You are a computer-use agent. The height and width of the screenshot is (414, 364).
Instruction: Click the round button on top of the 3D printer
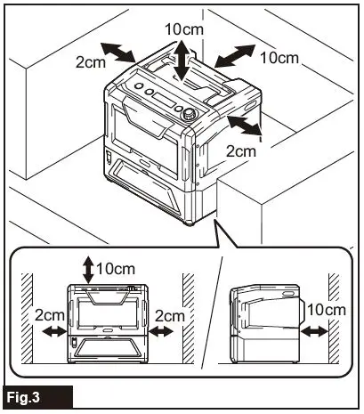coord(188,114)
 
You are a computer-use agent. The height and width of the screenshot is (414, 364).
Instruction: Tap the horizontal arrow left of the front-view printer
coord(53,331)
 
